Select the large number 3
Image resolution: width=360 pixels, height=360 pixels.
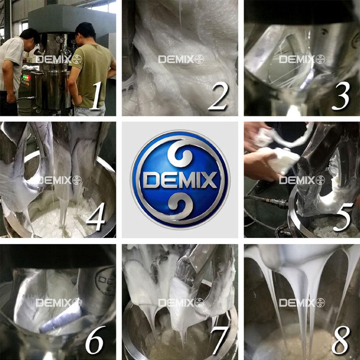[x=341, y=96]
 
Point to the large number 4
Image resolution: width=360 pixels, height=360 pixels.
[x=96, y=216]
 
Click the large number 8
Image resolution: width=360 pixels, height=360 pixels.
[x=341, y=339]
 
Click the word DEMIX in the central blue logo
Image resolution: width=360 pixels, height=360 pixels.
[x=180, y=180]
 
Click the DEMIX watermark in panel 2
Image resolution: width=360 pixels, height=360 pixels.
[x=181, y=59]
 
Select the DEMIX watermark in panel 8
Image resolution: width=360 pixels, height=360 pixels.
[x=302, y=302]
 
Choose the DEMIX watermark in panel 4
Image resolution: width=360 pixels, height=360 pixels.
[x=59, y=180]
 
